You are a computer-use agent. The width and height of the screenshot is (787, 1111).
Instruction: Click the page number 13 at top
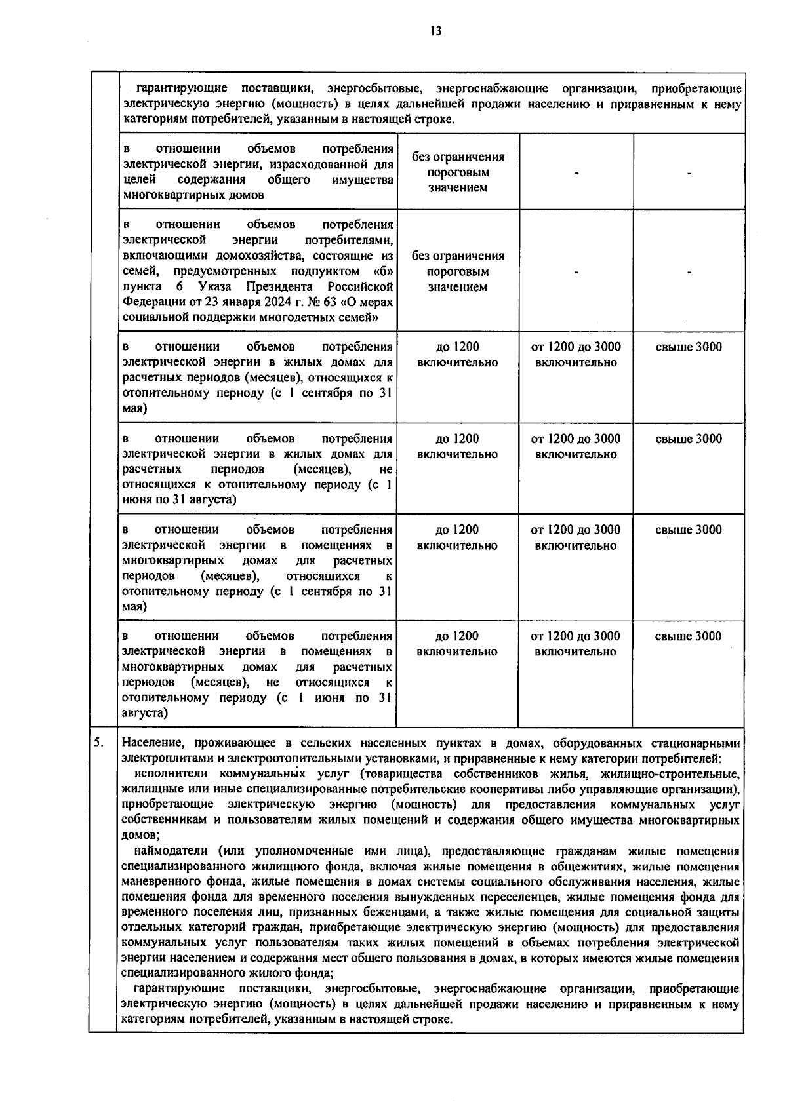435,31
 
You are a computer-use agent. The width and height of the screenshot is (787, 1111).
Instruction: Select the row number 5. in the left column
98,743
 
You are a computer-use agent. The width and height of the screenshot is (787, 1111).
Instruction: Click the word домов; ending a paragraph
140,835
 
